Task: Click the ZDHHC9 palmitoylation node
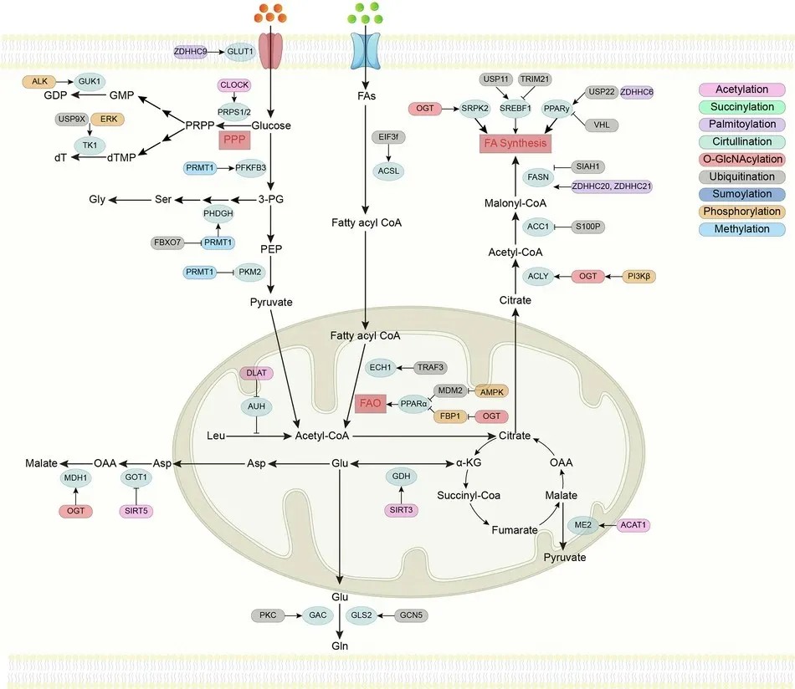[x=190, y=52]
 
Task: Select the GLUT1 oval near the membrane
[x=240, y=52]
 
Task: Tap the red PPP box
[x=234, y=140]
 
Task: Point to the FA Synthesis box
[x=515, y=143]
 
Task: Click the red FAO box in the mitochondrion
[x=370, y=403]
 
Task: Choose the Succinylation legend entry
[x=741, y=107]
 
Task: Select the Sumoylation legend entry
[x=741, y=194]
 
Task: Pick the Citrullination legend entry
[x=741, y=142]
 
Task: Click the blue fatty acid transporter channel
[x=365, y=51]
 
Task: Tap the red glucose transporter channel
[x=271, y=51]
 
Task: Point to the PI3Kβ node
[x=639, y=277]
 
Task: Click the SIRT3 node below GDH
[x=401, y=510]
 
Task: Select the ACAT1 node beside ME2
[x=633, y=525]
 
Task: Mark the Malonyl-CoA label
[x=515, y=203]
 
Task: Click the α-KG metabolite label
[x=469, y=462]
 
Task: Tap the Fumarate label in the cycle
[x=515, y=530]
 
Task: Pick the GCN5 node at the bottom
[x=411, y=615]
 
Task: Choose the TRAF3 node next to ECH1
[x=430, y=367]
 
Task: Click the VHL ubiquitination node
[x=602, y=125]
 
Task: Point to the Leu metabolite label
[x=216, y=436]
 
